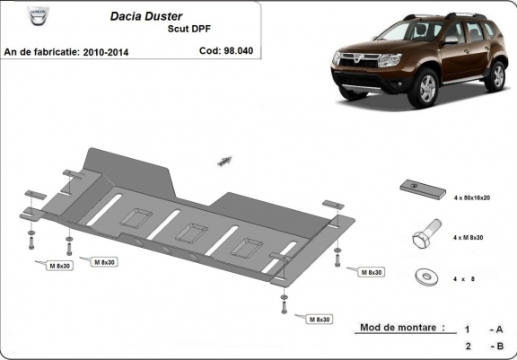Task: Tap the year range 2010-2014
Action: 104,52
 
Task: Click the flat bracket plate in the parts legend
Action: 421,188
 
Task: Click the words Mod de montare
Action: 400,329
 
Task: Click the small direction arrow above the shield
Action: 222,161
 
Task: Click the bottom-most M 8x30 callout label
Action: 320,319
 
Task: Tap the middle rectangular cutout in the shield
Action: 190,232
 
